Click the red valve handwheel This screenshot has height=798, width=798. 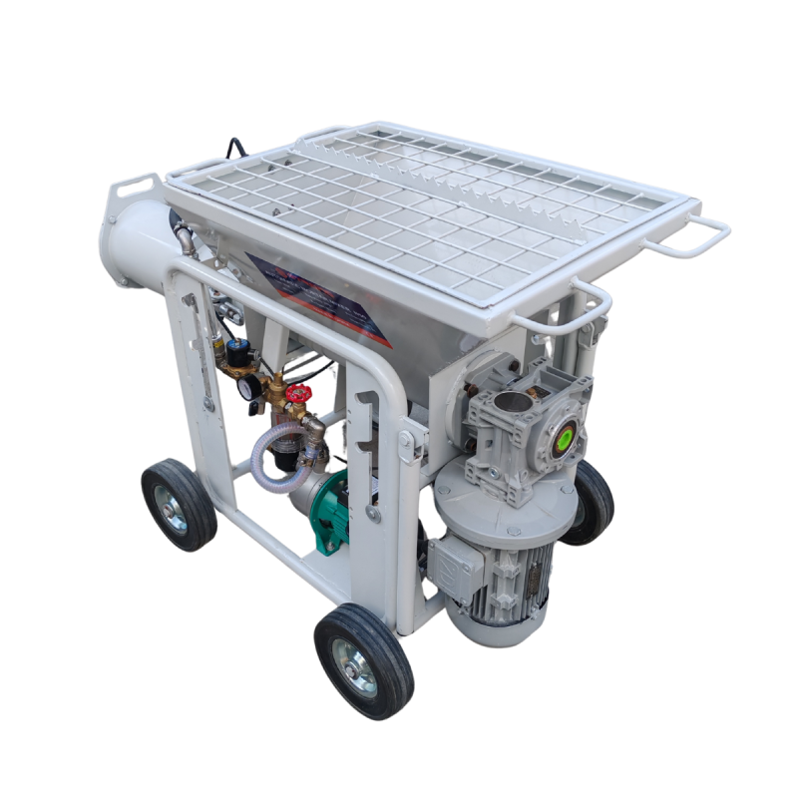pos(297,394)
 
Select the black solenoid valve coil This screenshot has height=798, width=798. pos(239,352)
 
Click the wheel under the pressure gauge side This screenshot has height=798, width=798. pos(179,505)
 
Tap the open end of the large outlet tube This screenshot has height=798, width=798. pos(117,244)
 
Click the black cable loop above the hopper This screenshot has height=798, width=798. pos(235,149)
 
